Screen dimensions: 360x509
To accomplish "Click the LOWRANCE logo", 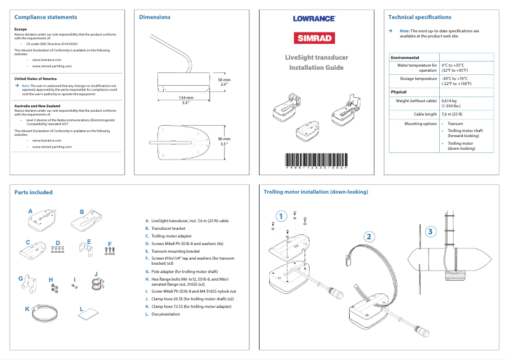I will (x=314, y=18).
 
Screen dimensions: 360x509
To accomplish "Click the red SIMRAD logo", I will (x=314, y=37).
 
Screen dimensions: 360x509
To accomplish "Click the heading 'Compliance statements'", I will (x=46, y=17).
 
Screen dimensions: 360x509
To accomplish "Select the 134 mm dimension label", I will (x=186, y=97).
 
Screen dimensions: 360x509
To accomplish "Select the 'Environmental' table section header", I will (x=405, y=57).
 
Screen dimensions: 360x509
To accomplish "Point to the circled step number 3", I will (x=431, y=231).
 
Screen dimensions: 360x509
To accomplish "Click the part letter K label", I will (x=27, y=308).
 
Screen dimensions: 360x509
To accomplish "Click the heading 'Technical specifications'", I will (x=420, y=17).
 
